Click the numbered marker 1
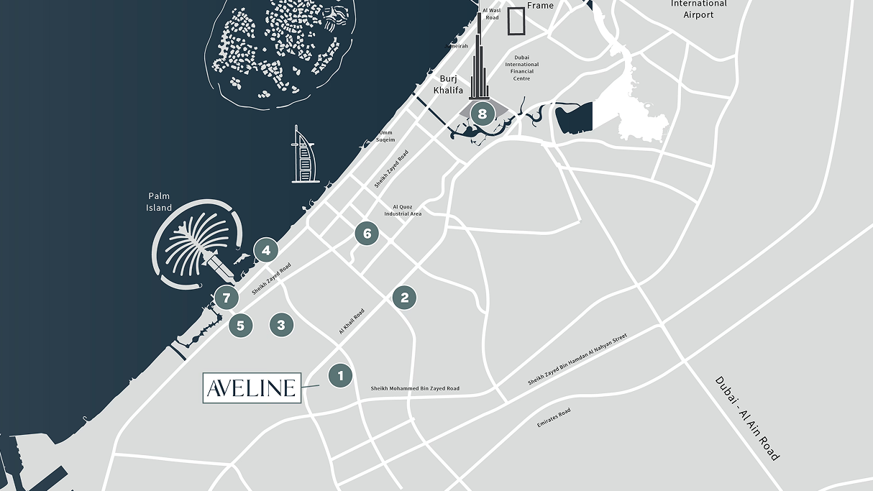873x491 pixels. (x=340, y=375)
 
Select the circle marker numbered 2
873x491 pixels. (x=404, y=298)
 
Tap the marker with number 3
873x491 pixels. (x=281, y=325)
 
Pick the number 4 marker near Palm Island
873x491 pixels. (x=266, y=250)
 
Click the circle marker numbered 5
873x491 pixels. (x=241, y=326)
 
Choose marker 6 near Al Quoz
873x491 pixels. (x=367, y=233)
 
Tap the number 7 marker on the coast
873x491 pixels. (x=227, y=297)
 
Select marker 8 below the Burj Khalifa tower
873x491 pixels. (x=482, y=113)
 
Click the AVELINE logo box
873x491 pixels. (x=252, y=388)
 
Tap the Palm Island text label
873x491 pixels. (x=160, y=201)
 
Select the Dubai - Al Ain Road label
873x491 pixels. (x=747, y=418)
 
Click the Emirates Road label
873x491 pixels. (x=554, y=418)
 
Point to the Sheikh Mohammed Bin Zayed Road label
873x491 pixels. (x=415, y=389)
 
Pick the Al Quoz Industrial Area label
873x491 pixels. (x=403, y=210)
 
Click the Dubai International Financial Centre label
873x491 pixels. (x=522, y=68)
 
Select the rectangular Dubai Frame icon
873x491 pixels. (x=516, y=21)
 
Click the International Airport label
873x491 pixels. (x=698, y=9)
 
